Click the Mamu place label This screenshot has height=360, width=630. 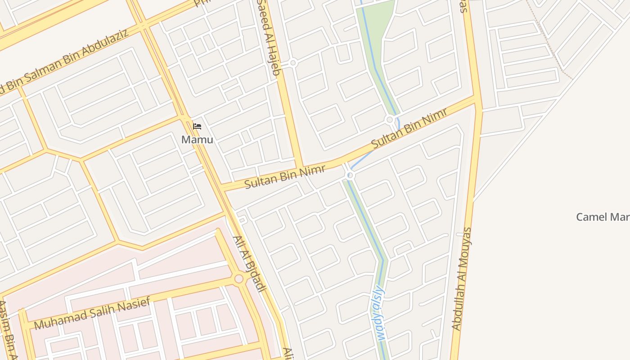click(x=197, y=139)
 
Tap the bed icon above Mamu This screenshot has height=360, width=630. click(x=197, y=126)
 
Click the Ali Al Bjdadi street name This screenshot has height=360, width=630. click(x=248, y=264)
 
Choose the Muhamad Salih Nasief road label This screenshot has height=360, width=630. click(x=92, y=314)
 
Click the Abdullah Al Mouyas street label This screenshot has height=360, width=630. click(x=462, y=279)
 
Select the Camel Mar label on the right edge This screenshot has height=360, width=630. click(x=603, y=217)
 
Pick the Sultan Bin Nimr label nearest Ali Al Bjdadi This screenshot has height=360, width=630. click(x=275, y=176)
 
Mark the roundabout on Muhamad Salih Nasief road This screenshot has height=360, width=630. click(x=239, y=279)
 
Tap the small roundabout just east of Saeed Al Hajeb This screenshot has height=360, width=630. click(x=293, y=63)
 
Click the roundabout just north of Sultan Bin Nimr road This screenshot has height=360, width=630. click(x=390, y=120)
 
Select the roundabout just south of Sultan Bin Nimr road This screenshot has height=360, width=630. click(x=350, y=175)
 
